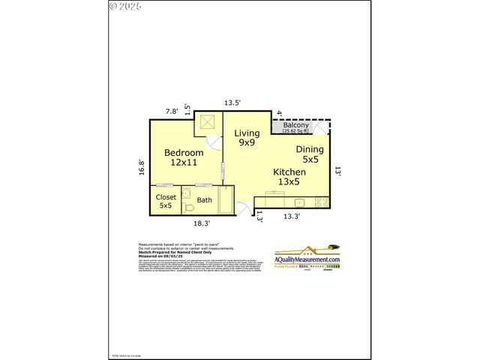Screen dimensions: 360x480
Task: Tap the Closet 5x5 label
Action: click(166, 201)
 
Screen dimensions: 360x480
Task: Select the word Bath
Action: click(205, 199)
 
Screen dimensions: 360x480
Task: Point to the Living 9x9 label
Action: click(247, 137)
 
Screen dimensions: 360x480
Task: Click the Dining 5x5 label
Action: click(309, 154)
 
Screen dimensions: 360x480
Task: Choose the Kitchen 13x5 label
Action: click(289, 176)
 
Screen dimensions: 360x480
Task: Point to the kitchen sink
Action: click(298, 202)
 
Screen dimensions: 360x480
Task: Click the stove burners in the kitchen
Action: click(322, 202)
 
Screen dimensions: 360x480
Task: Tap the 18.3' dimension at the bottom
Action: click(201, 223)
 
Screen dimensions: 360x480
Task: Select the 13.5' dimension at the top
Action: click(232, 103)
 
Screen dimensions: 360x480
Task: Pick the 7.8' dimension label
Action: click(172, 111)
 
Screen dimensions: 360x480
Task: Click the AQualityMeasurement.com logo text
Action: click(307, 259)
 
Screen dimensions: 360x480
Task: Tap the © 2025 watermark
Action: click(125, 6)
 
